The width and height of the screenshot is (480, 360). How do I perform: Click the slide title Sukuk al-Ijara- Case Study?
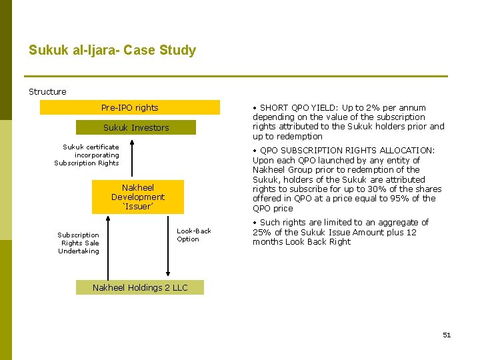click(112, 51)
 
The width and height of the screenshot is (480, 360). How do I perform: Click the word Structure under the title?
click(47, 91)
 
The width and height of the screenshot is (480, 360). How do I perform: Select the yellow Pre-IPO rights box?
click(129, 107)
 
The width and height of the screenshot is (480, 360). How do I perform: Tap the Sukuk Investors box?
click(136, 127)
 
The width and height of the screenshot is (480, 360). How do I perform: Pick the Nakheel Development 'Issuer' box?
click(137, 197)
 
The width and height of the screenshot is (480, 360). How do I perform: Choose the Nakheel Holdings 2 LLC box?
click(140, 287)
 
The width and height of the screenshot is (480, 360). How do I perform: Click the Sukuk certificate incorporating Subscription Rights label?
click(87, 155)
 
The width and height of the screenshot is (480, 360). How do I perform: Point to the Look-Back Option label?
click(193, 235)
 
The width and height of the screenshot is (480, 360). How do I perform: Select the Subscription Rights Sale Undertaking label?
click(79, 243)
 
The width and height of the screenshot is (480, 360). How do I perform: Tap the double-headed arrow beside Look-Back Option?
click(167, 247)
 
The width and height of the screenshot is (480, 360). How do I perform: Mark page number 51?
click(447, 335)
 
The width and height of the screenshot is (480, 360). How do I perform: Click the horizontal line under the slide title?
click(236, 76)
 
